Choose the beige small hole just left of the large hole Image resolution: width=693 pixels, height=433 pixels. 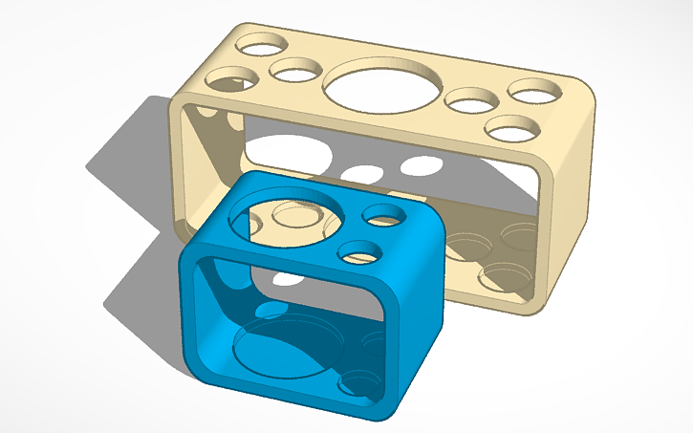pos(295,70)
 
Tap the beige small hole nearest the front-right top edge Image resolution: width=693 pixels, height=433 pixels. pos(511,127)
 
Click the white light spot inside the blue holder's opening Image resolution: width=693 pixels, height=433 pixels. pos(285,280)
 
